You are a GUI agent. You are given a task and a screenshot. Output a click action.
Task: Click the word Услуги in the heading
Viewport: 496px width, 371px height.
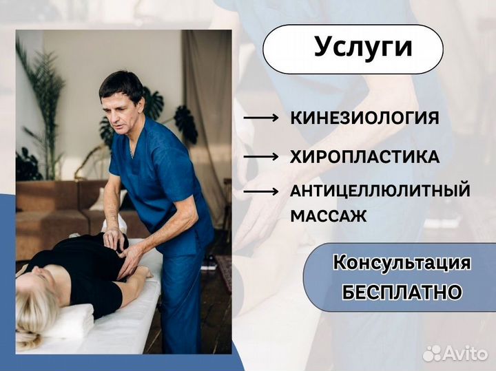(363, 47)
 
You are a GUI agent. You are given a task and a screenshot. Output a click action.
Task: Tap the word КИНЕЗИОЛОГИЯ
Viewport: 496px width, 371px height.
(364, 118)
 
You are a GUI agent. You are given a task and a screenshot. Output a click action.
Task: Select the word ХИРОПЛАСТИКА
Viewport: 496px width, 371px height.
(364, 157)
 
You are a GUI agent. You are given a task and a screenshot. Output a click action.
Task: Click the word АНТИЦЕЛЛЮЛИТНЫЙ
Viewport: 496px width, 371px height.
(380, 191)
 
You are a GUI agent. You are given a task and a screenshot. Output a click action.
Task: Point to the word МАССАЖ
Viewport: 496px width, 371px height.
(328, 215)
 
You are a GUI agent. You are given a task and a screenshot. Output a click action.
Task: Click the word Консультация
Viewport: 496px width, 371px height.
(402, 262)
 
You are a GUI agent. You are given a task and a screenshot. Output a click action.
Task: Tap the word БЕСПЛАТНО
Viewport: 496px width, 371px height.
(402, 292)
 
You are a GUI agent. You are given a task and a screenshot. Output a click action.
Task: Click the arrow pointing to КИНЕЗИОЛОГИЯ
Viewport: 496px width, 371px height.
(261, 118)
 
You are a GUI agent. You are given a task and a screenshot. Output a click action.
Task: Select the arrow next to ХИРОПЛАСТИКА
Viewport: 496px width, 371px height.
(261, 158)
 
